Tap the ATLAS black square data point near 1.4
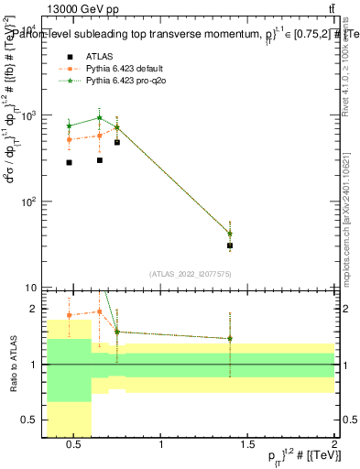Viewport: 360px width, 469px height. [x=230, y=245]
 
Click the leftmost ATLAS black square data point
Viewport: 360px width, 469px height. [x=70, y=162]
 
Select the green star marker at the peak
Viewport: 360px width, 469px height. [x=100, y=118]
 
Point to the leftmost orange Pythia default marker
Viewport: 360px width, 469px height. [x=70, y=140]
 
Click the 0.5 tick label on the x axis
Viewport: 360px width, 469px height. [x=75, y=446]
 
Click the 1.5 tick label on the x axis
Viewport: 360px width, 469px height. [x=248, y=446]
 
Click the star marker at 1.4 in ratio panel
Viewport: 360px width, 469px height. [x=230, y=338]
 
